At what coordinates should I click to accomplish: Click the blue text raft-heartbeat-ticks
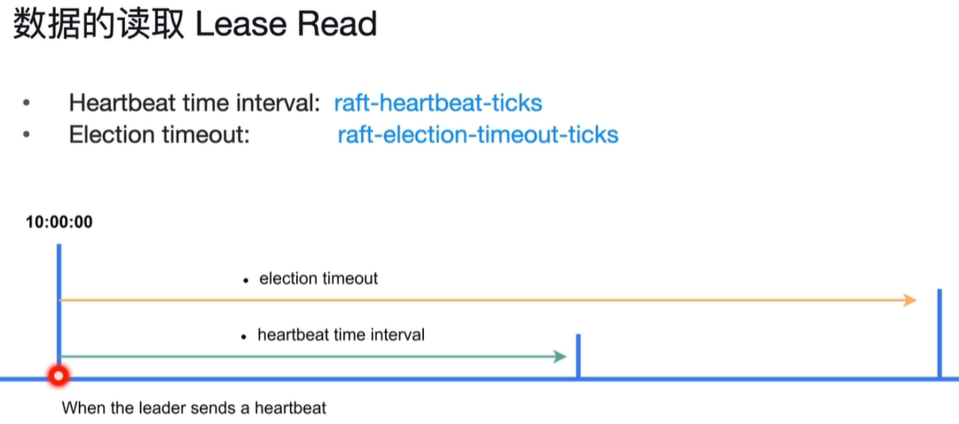coord(438,103)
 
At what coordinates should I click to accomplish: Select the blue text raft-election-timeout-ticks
coord(477,134)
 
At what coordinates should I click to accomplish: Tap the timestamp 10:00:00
coord(59,222)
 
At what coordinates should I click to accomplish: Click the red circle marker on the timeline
coord(59,376)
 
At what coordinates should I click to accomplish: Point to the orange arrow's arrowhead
coord(909,300)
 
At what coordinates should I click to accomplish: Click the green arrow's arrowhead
coord(561,356)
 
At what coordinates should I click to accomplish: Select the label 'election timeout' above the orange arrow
coord(318,279)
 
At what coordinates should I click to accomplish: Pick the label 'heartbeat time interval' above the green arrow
coord(342,335)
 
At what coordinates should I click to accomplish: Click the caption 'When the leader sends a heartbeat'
coord(194,407)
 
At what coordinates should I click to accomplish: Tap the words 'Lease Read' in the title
coord(286,25)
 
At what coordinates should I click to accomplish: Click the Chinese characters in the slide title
coord(98,25)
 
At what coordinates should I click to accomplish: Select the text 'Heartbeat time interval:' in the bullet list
coord(195,103)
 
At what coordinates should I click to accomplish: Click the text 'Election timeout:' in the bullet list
coord(160,134)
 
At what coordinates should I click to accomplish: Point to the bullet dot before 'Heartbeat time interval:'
coord(26,103)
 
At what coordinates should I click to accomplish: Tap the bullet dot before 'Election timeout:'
coord(26,134)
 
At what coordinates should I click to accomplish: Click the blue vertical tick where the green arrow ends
coord(578,356)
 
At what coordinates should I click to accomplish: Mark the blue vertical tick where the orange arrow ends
coord(939,334)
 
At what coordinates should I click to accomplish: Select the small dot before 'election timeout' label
coord(245,280)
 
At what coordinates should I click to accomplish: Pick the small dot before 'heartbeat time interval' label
coord(244,336)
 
